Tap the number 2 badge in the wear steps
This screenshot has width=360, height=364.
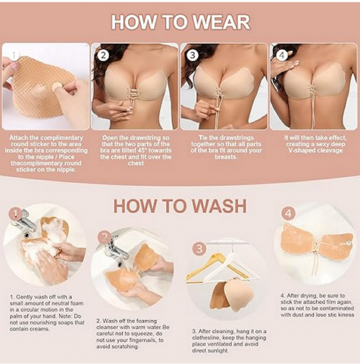tap(103, 55)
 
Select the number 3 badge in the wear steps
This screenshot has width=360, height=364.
tap(193, 55)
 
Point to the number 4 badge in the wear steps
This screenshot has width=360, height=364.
tap(282, 55)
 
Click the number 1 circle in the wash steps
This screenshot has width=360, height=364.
tap(16, 215)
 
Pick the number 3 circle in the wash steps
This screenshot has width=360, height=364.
tap(199, 249)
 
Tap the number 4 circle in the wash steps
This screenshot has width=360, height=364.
tap(288, 214)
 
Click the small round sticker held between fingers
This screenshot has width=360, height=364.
tap(57, 86)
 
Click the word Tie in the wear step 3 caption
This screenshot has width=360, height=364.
tap(202, 138)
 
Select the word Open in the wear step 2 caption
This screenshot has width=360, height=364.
tap(110, 138)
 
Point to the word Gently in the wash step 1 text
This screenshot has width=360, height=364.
tap(23, 297)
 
